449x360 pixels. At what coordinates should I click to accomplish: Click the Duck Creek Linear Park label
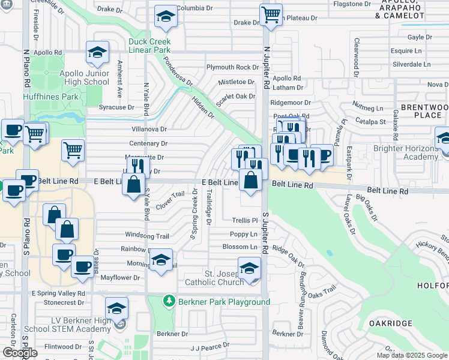(x=149, y=46)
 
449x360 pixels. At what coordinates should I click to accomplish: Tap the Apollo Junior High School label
(x=84, y=77)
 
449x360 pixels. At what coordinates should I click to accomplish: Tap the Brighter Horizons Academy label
(x=405, y=152)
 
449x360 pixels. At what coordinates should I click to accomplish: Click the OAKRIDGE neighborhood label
(x=390, y=323)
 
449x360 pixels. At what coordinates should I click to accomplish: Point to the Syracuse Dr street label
(x=116, y=107)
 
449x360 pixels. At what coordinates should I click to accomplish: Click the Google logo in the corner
(x=20, y=353)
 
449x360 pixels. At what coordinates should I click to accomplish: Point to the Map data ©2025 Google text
(x=411, y=355)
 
